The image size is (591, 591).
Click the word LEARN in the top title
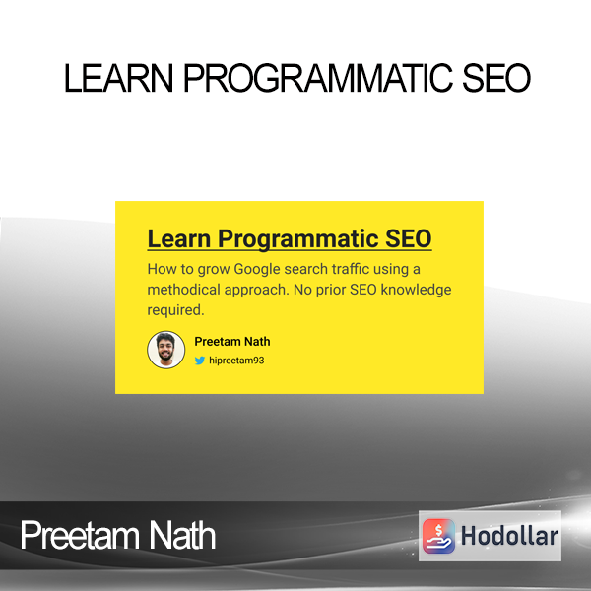click(x=119, y=78)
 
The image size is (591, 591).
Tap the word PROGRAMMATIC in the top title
click(x=318, y=78)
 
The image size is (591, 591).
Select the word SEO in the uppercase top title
click(x=496, y=78)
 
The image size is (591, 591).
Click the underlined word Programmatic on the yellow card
click(x=298, y=238)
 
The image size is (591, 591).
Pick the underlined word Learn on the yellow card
click(x=179, y=238)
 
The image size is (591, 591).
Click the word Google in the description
click(x=257, y=270)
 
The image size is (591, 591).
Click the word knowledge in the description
click(x=416, y=290)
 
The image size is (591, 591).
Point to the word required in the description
click(x=175, y=310)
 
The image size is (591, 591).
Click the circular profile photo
click(x=165, y=350)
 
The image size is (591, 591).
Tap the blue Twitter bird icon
click(x=200, y=361)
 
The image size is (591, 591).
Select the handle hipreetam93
click(x=236, y=361)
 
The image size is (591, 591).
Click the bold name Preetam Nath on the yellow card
click(x=232, y=342)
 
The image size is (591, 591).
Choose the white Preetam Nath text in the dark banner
click(x=117, y=535)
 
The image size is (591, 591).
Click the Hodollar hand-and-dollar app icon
click(x=438, y=536)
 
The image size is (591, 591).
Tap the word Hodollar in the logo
click(x=509, y=536)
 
